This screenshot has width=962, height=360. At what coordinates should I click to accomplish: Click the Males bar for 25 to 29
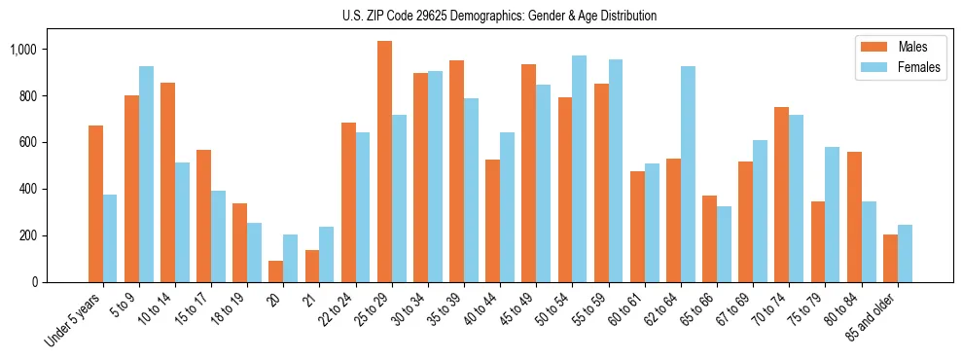click(384, 162)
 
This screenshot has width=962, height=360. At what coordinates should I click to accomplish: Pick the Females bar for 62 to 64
click(688, 174)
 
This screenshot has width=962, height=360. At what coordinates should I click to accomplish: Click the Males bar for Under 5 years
click(95, 203)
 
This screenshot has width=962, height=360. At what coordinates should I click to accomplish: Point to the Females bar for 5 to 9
click(146, 174)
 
